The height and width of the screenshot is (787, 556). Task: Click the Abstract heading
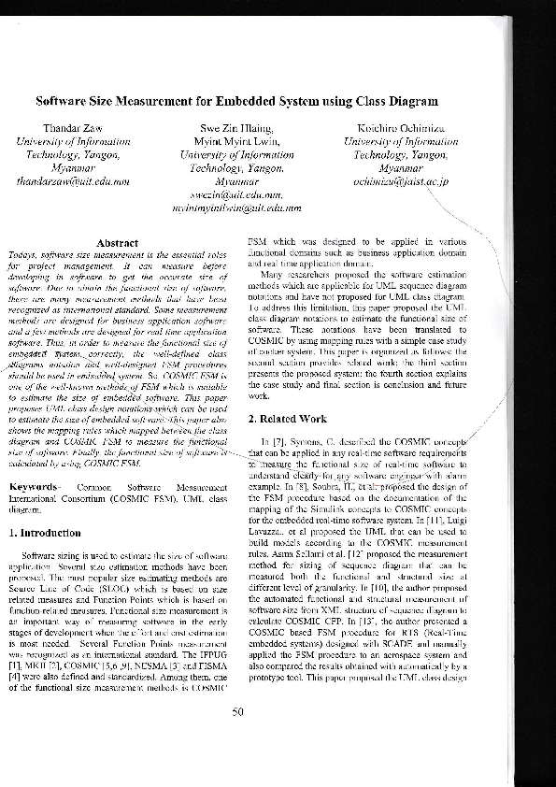point(118,243)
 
